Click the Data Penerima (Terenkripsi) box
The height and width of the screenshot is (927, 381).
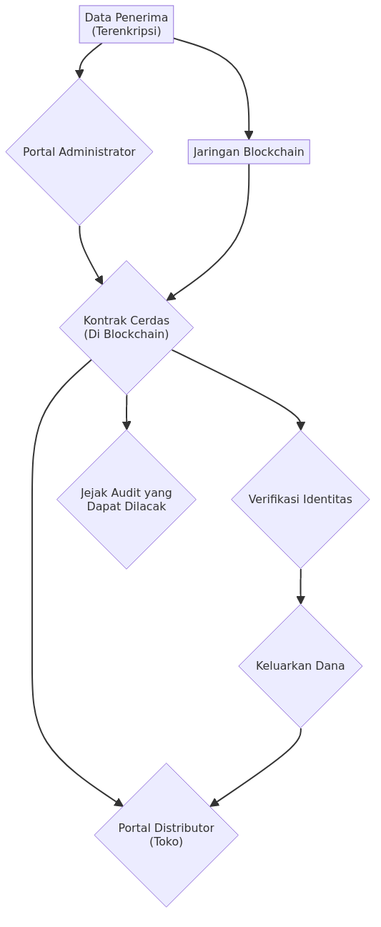[127, 24]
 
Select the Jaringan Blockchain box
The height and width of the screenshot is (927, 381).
[249, 152]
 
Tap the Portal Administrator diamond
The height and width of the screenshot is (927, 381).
[79, 152]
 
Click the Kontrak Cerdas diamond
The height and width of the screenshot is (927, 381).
[127, 327]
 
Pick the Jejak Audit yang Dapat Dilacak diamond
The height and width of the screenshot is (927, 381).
[127, 500]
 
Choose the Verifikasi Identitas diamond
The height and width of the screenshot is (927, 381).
[300, 500]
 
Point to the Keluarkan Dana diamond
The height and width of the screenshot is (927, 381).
[300, 666]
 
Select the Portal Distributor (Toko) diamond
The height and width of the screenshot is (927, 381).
[167, 835]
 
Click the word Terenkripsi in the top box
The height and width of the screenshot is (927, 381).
[127, 31]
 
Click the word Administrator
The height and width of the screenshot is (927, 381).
[97, 152]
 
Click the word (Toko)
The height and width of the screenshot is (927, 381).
[167, 842]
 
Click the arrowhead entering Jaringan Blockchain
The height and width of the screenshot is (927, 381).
[249, 135]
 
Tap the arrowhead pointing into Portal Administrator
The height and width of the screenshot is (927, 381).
[79, 74]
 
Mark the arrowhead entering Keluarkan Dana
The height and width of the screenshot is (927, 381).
[301, 600]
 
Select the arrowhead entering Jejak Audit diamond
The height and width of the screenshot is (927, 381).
[127, 425]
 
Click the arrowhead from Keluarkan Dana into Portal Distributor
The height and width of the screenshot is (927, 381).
[214, 803]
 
